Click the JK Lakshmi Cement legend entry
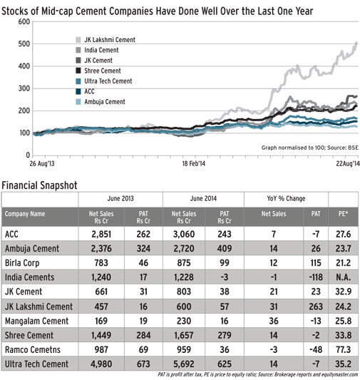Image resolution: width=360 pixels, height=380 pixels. click(x=110, y=41)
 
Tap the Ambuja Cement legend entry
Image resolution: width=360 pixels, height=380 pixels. click(x=104, y=102)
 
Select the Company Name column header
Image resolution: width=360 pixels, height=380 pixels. click(x=26, y=213)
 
